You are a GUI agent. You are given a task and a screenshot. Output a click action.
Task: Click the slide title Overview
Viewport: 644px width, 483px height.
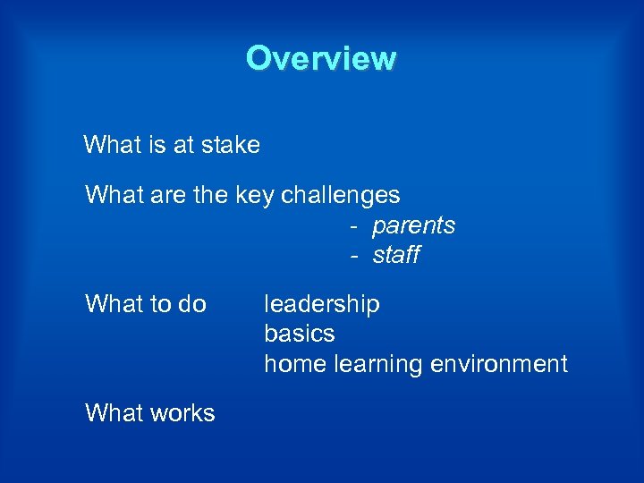pyautogui.click(x=321, y=58)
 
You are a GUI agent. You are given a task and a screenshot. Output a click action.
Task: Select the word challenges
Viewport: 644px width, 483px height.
pyautogui.click(x=341, y=195)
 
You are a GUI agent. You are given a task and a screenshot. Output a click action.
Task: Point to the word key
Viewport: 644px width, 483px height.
pyautogui.click(x=255, y=195)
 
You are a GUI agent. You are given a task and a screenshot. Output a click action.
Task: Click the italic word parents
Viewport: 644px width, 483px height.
pyautogui.click(x=413, y=225)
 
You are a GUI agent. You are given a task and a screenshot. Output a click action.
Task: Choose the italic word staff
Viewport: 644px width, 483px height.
pyautogui.click(x=395, y=256)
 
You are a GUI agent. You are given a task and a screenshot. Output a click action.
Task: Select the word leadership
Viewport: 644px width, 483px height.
pyautogui.click(x=321, y=304)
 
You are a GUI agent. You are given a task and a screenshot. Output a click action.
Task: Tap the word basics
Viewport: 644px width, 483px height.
pyautogui.click(x=299, y=334)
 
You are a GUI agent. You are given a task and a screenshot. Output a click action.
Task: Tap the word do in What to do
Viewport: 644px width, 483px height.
pyautogui.click(x=191, y=304)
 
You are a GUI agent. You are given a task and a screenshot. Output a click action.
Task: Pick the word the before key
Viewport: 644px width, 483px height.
pyautogui.click(x=211, y=195)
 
